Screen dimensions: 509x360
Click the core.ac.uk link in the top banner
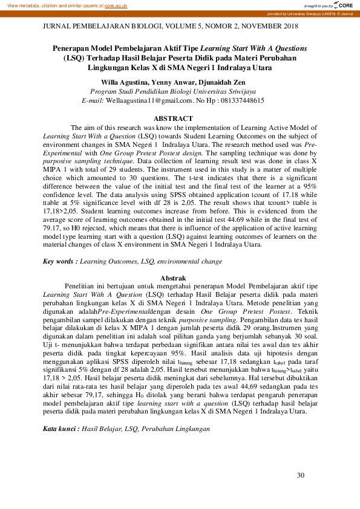pos(117,5)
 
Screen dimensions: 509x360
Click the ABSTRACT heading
pos(174,118)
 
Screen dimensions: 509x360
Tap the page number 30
pos(301,476)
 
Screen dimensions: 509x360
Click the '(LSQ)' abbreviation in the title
pos(76,58)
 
